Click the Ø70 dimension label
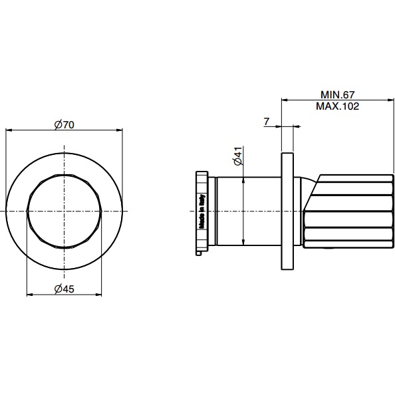64,124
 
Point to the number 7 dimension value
267,121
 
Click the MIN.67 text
339,95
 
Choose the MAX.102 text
339,106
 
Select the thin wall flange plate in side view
287,211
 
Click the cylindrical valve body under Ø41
249,211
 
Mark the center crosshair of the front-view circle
64,211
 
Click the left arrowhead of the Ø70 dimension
8,130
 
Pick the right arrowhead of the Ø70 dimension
120,130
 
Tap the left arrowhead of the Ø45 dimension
29,295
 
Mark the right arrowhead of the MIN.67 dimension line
391,100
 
